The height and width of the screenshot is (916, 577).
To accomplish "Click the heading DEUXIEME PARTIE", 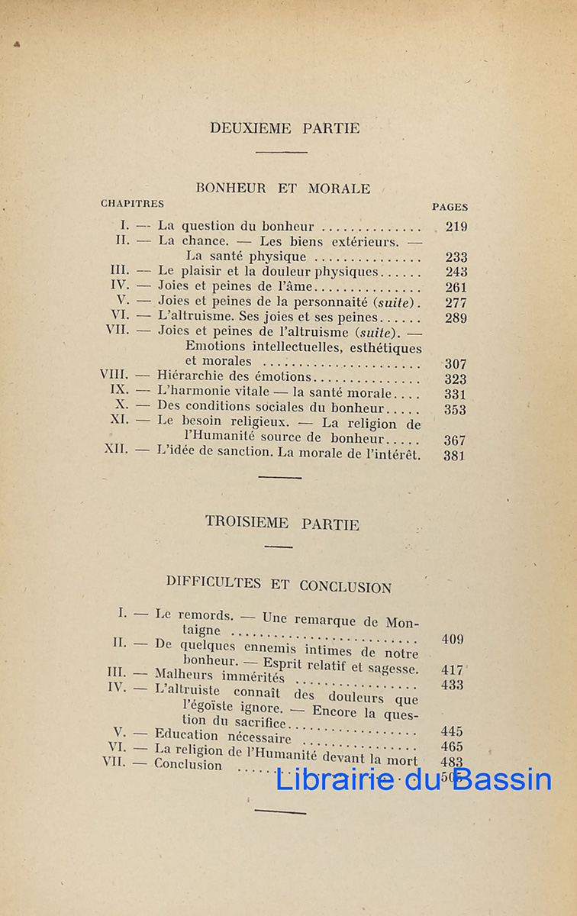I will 285,128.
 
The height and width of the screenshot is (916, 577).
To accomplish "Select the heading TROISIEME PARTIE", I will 282,523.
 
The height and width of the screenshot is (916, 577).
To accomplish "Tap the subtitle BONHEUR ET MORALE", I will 283,188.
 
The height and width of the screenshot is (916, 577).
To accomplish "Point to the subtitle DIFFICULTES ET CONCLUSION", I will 279,585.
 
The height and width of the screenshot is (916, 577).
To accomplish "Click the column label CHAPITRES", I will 132,204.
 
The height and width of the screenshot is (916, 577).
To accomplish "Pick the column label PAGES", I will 450,207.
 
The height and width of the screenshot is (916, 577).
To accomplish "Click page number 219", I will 456,227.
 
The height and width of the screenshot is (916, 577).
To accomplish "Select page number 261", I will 456,287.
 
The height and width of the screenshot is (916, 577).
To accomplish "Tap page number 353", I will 456,409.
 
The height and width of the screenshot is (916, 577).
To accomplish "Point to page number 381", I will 455,456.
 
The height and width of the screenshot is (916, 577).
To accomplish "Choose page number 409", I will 452,640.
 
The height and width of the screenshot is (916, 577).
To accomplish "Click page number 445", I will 452,731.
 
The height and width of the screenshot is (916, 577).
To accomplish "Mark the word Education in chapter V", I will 185,736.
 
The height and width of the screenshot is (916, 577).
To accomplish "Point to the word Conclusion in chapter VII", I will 188,765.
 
